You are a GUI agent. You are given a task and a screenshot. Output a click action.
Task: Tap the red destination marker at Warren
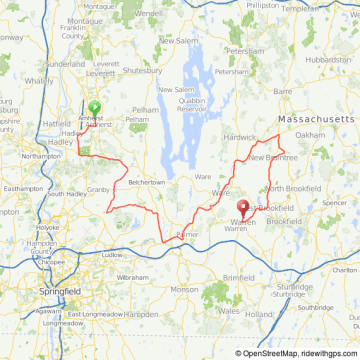(x=241, y=208)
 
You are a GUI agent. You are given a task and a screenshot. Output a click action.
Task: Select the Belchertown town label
(x=146, y=183)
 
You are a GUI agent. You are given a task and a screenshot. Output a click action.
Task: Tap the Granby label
(x=97, y=188)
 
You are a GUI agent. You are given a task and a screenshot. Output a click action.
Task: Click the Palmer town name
(x=187, y=234)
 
